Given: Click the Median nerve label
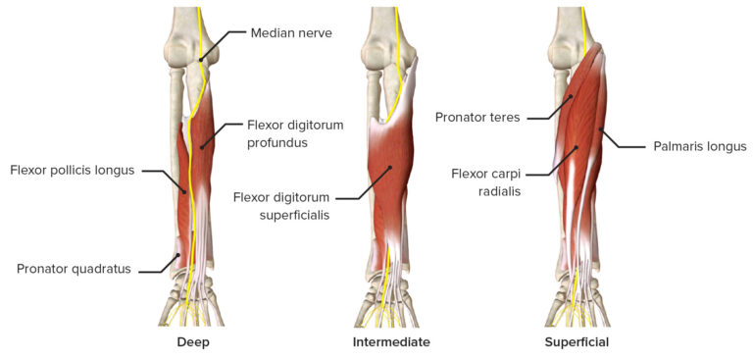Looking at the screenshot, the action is click(291, 32).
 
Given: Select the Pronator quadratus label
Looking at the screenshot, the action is click(74, 268).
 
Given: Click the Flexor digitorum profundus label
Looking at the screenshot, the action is click(277, 133).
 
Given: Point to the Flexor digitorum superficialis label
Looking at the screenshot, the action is click(281, 205).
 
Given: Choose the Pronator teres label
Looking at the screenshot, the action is click(478, 118).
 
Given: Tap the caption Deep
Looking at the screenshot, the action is click(193, 342).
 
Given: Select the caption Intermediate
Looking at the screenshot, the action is click(391, 342).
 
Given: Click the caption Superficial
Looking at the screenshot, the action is click(577, 342).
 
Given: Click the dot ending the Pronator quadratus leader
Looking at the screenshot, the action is click(177, 258).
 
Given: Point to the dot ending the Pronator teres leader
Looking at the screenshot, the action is click(571, 97).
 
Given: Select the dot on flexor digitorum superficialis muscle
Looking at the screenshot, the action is click(389, 168).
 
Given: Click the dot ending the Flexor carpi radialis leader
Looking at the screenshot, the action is click(577, 148).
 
